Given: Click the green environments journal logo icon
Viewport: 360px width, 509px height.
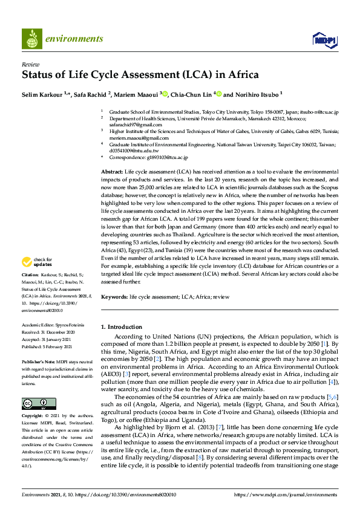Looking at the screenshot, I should (x=31, y=40).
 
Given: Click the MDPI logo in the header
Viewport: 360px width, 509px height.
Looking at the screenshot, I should (x=324, y=40).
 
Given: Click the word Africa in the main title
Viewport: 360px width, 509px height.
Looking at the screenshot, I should (x=243, y=76).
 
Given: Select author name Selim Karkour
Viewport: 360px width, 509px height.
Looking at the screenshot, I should (x=41, y=95).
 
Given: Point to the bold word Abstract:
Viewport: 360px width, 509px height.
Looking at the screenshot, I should (x=113, y=172).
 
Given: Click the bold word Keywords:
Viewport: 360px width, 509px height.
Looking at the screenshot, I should (x=114, y=297).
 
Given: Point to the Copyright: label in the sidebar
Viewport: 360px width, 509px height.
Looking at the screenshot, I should (x=34, y=416).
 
